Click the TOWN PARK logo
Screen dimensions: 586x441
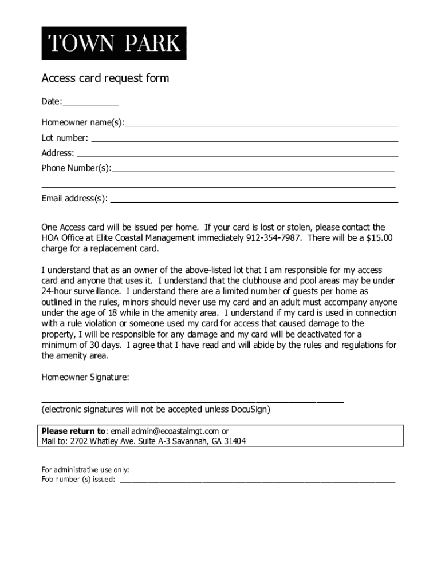(113, 43)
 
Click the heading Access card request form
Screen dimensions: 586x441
(105, 78)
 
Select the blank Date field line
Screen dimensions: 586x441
(90, 104)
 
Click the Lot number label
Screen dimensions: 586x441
(64, 138)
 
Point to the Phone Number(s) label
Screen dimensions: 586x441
(76, 168)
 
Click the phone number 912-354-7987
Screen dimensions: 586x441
(274, 238)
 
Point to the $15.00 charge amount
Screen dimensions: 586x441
(379, 238)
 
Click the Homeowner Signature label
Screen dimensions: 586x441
(85, 377)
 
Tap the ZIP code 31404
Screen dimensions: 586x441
(235, 441)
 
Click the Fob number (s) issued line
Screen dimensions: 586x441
(257, 481)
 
